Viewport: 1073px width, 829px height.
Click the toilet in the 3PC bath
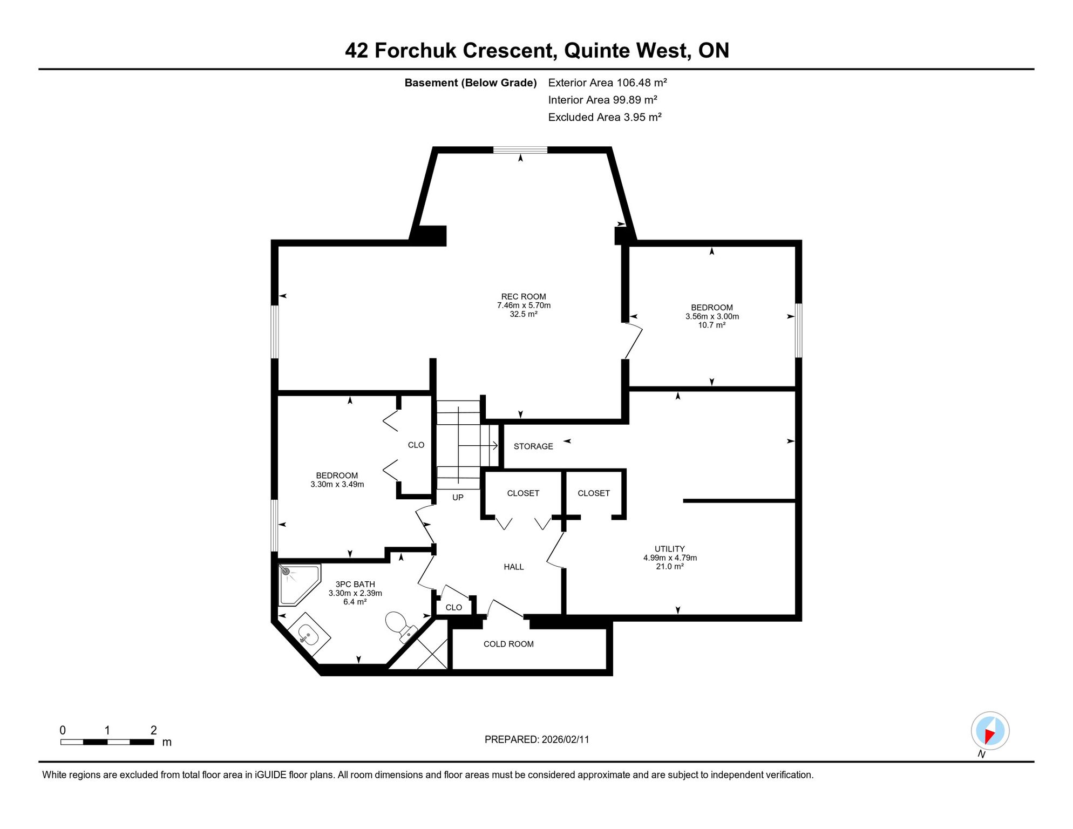(401, 627)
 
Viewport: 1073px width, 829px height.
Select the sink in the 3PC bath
(309, 635)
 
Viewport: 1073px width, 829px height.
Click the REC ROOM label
(524, 296)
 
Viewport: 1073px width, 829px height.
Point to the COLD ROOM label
(508, 644)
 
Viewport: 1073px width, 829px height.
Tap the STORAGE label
(533, 446)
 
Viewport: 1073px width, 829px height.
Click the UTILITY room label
(670, 549)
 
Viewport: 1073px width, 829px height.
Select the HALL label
(514, 567)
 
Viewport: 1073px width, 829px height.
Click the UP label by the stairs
(458, 498)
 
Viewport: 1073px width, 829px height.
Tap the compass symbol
(990, 731)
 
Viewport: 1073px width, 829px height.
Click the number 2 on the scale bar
(154, 730)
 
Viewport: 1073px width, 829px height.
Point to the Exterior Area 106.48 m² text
(608, 83)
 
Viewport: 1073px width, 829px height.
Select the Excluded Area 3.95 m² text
(605, 117)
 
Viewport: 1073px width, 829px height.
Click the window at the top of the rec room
(520, 150)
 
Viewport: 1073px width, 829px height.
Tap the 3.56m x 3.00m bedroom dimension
(712, 316)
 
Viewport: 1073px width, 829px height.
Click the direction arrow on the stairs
(478, 445)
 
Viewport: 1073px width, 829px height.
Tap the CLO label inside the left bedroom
(416, 445)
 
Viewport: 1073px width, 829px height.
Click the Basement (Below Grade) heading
(471, 83)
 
